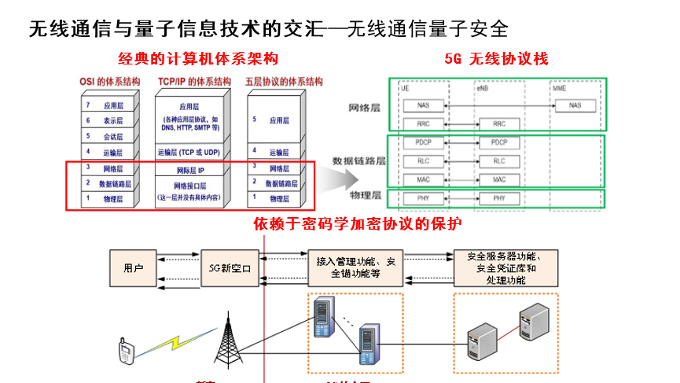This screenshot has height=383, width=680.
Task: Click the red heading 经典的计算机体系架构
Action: (198, 59)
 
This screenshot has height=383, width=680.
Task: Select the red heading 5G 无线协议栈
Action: (496, 59)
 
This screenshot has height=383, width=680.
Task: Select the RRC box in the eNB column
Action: (499, 124)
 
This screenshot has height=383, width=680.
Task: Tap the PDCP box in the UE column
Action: (424, 142)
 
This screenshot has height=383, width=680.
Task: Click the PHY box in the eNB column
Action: (499, 198)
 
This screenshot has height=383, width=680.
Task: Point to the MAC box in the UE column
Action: (424, 179)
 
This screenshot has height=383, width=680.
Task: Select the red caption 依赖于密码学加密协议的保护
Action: (357, 223)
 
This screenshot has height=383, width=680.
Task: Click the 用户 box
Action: (134, 268)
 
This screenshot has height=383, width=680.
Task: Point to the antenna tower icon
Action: (229, 339)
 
